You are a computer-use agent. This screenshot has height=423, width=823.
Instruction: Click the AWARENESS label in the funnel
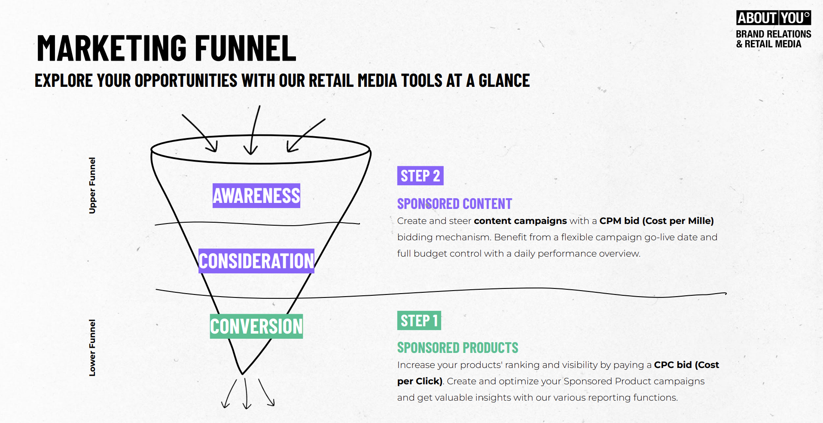[x=256, y=196]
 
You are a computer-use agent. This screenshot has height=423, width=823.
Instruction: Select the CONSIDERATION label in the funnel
[x=256, y=261]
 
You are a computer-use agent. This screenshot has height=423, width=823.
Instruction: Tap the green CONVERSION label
[x=256, y=326]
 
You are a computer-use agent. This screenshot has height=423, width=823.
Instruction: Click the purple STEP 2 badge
[x=420, y=176]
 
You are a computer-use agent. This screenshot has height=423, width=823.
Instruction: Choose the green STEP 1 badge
[x=419, y=321]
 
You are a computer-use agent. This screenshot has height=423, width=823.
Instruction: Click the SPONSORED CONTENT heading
[x=454, y=204]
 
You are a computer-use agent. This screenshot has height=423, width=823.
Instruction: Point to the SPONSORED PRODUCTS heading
[x=457, y=348]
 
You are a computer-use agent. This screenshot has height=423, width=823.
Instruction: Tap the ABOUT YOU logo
[x=773, y=18]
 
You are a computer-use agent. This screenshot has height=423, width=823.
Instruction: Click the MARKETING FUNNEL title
[x=167, y=48]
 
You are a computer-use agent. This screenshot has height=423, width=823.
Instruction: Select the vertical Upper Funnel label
[x=92, y=185]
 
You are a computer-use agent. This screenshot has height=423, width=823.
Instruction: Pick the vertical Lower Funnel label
[x=92, y=347]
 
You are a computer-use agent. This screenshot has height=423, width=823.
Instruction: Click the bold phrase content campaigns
[x=520, y=221]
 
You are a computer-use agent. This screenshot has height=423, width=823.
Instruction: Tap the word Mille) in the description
[x=701, y=221]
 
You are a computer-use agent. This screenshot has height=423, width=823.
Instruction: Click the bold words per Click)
[x=420, y=381]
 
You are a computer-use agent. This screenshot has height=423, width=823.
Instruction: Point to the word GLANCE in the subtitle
[x=504, y=81]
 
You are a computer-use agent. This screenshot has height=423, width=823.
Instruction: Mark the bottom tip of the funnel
[x=242, y=373]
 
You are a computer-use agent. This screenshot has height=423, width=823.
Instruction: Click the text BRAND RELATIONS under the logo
[x=773, y=34]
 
